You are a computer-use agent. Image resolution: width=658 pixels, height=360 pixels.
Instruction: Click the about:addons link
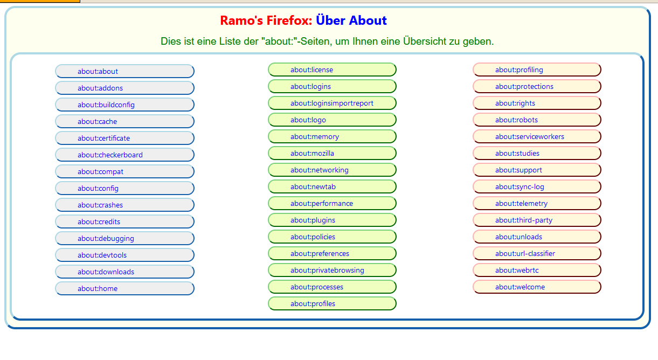pos(100,88)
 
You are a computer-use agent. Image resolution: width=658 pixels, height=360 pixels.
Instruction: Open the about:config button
pos(98,188)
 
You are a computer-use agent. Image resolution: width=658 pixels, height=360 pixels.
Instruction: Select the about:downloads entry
pos(106,272)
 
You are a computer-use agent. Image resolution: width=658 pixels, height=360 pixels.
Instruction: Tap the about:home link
pos(98,288)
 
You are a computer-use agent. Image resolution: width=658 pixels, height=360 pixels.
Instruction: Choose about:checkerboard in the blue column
pos(110,155)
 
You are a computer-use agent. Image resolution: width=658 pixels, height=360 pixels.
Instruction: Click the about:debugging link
pos(106,238)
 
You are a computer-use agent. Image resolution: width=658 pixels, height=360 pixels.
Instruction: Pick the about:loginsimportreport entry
pos(332,103)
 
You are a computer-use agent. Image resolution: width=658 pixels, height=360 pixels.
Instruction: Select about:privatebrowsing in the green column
pos(327,270)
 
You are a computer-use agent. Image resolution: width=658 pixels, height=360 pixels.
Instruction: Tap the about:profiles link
pos(313,303)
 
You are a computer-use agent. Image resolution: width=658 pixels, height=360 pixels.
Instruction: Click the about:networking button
pos(320,170)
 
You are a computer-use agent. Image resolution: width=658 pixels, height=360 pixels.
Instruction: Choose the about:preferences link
pos(320,253)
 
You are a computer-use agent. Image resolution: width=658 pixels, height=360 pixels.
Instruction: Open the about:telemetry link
pos(521,203)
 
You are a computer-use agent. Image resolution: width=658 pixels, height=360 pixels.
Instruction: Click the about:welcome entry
pos(520,287)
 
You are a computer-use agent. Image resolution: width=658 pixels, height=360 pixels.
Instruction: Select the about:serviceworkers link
pos(530,136)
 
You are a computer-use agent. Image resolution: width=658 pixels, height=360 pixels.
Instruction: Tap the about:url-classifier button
pos(525,253)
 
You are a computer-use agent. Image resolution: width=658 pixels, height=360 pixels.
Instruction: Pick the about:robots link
pos(516,120)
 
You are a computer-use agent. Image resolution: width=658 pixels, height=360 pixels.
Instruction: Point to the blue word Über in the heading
pos(330,20)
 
